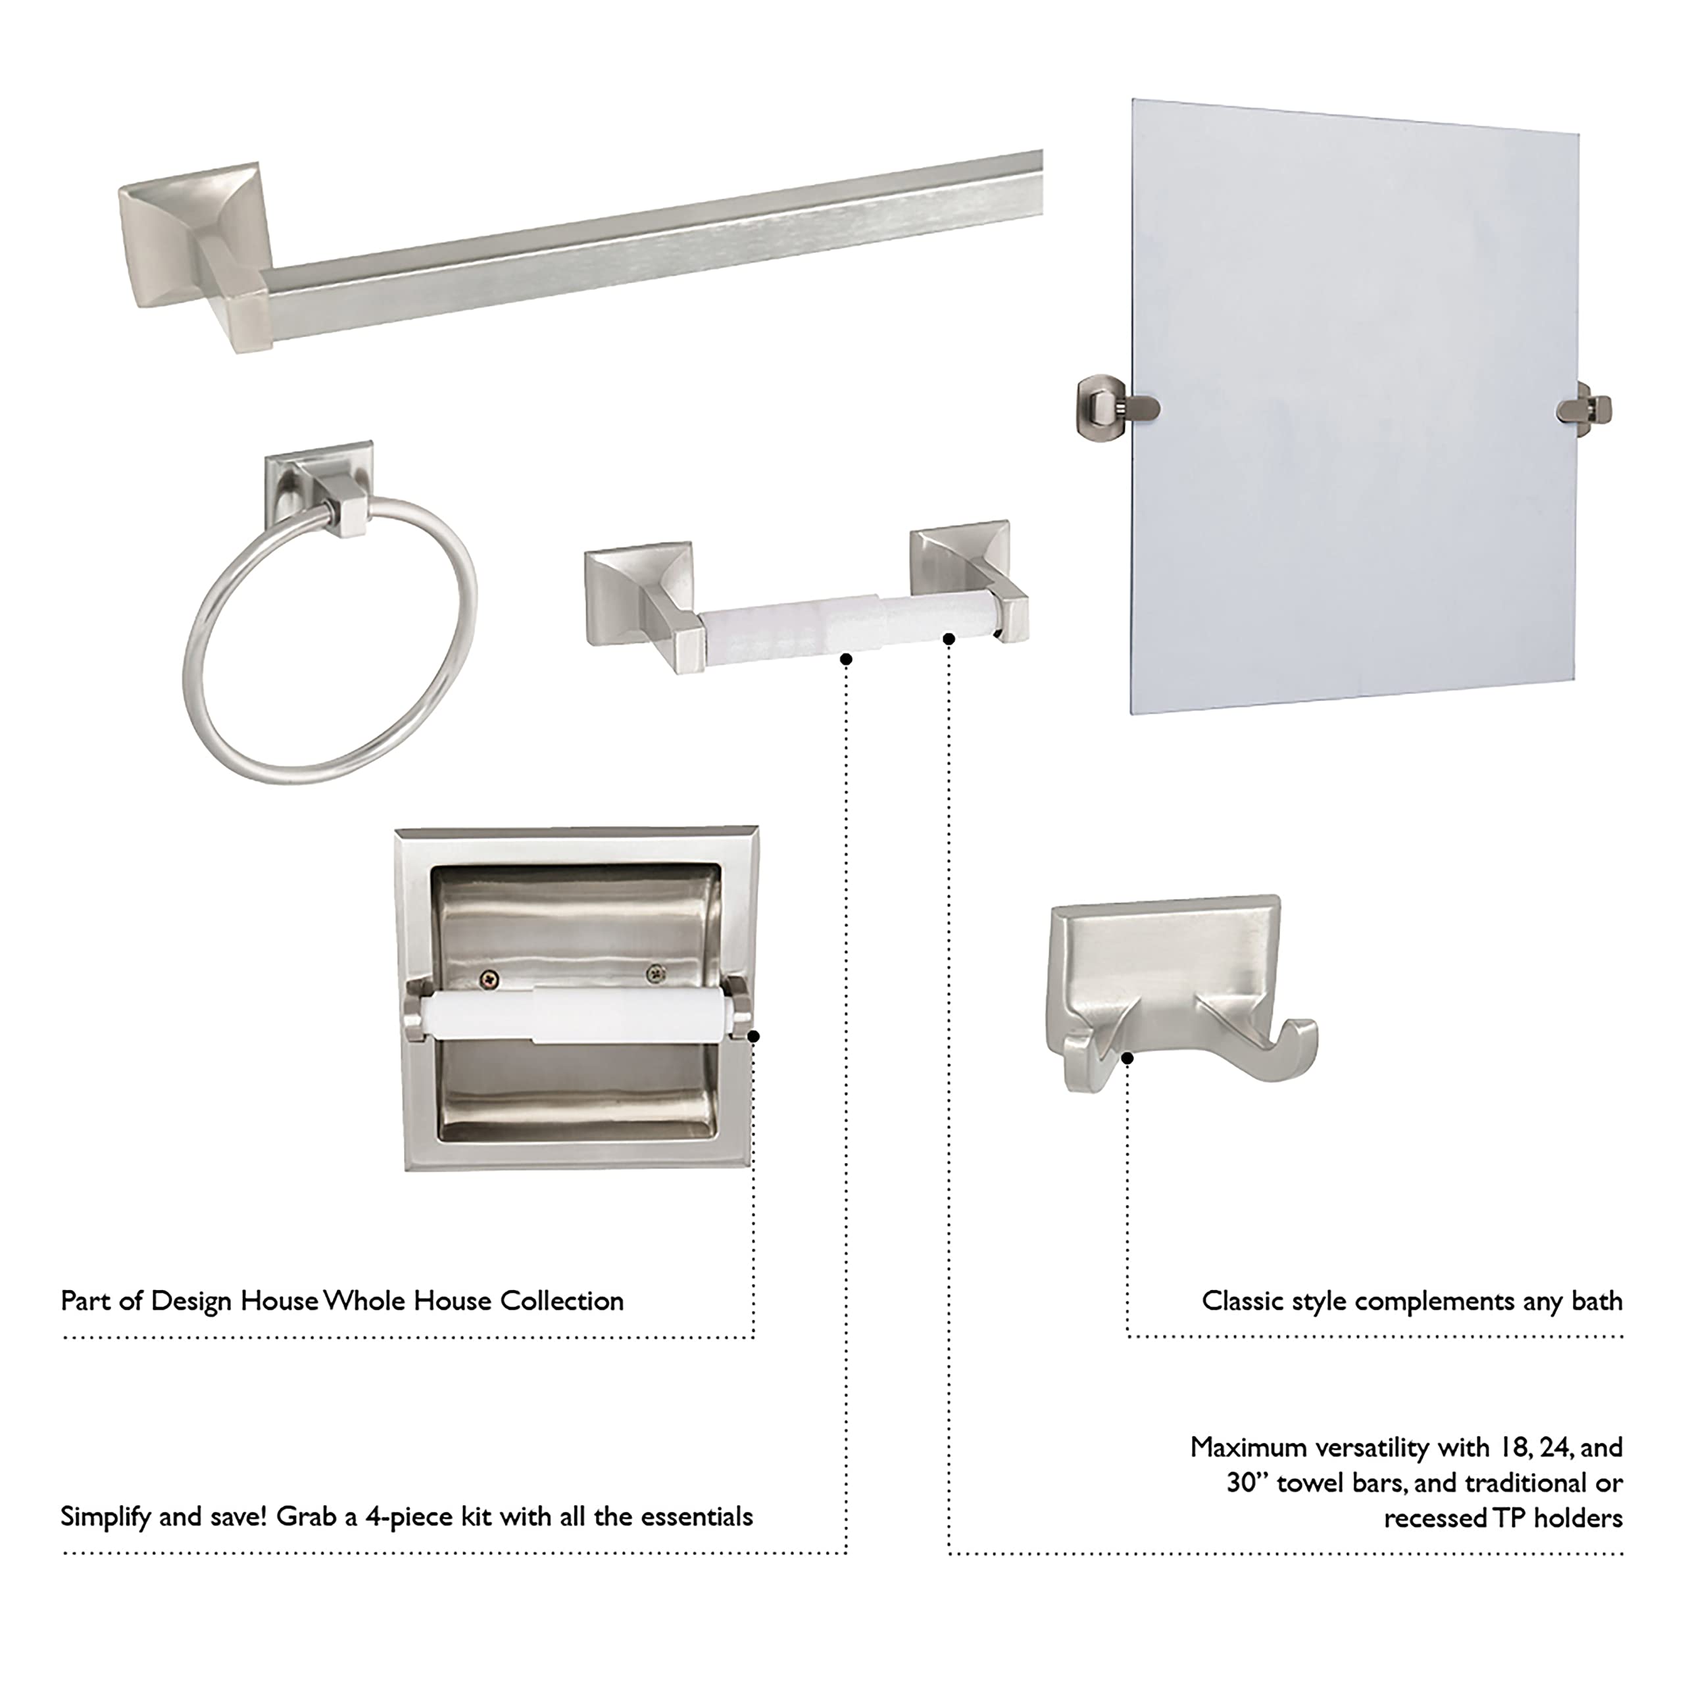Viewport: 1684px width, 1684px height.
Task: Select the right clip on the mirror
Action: pyautogui.click(x=1587, y=408)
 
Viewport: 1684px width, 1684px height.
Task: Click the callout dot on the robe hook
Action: pyautogui.click(x=1127, y=1058)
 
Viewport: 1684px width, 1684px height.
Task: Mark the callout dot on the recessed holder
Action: pyautogui.click(x=754, y=1036)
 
